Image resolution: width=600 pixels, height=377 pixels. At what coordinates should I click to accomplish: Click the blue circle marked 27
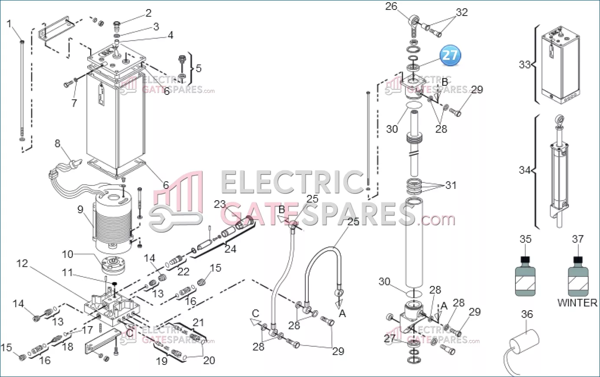click(450, 55)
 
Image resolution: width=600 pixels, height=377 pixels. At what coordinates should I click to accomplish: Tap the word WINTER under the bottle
click(577, 303)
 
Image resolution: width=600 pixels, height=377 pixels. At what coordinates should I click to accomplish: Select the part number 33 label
click(525, 65)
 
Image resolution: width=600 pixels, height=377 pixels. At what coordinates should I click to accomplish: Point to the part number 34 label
click(525, 170)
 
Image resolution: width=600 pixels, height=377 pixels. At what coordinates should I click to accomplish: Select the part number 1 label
click(9, 24)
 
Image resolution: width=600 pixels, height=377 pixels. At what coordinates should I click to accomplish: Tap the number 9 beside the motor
click(80, 209)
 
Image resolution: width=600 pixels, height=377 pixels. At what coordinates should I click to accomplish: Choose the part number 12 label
click(22, 263)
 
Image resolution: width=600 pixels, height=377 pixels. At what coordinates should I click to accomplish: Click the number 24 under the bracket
click(230, 249)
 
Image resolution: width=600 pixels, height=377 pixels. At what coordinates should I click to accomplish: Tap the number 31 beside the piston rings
click(450, 185)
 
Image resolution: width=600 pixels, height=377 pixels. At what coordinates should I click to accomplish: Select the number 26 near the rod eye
click(391, 6)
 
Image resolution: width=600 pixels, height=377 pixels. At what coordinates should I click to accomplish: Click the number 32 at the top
click(462, 12)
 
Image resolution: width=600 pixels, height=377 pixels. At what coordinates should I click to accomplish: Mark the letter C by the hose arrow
click(255, 313)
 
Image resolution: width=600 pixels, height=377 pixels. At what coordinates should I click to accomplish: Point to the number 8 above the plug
click(57, 143)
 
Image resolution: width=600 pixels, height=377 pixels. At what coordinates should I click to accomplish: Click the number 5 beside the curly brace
click(199, 68)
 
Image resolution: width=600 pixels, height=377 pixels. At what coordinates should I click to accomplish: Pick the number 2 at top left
click(148, 13)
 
